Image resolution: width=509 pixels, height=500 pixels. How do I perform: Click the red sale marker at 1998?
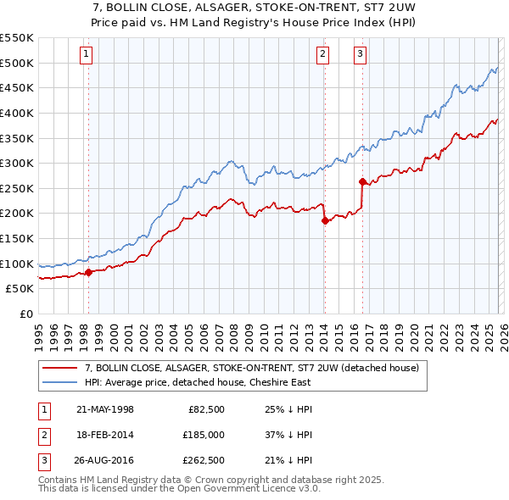pos(88,272)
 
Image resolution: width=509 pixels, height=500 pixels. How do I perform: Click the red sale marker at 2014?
pos(324,220)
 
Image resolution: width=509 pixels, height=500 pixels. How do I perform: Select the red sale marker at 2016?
pos(362,181)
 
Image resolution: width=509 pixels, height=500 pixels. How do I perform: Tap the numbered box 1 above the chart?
pos(87,55)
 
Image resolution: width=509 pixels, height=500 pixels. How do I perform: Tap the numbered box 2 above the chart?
pos(323,55)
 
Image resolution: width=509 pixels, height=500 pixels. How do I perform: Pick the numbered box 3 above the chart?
pos(361,55)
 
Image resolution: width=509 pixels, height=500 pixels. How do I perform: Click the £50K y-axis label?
pos(20,288)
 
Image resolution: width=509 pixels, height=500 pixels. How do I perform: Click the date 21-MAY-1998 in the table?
pos(105,409)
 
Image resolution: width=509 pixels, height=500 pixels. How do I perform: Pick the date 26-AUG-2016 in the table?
pos(105,462)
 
